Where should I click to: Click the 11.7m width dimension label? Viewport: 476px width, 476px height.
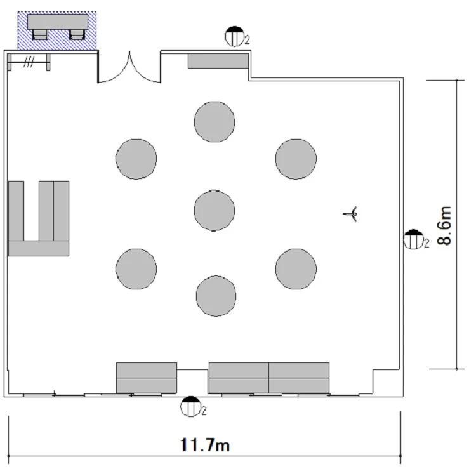tap(205, 445)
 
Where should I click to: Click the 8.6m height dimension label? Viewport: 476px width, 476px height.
tap(444, 225)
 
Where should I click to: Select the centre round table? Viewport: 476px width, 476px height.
tap(215, 210)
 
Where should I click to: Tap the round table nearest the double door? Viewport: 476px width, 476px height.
tap(215, 122)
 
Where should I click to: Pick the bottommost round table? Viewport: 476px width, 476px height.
tap(216, 296)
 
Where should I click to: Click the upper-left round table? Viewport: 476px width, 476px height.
tap(136, 159)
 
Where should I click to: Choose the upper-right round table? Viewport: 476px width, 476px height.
tap(296, 159)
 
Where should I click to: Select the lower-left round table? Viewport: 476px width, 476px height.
tap(136, 269)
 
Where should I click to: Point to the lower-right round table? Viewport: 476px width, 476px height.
tap(296, 269)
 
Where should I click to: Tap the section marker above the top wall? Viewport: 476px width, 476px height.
tap(235, 36)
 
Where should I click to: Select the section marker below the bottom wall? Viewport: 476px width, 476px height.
tap(190, 406)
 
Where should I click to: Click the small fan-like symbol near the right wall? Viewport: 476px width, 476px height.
tap(351, 214)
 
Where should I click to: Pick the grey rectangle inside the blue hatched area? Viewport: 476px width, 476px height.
tap(58, 22)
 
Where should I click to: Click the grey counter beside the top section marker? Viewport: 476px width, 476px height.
tap(218, 61)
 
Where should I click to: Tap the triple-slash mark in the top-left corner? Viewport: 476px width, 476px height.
tap(29, 62)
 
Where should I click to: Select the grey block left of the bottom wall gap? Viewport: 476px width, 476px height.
tap(147, 378)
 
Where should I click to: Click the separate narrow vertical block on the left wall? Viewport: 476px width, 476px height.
tap(16, 211)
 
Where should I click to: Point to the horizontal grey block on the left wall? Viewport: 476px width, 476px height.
tap(39, 249)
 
